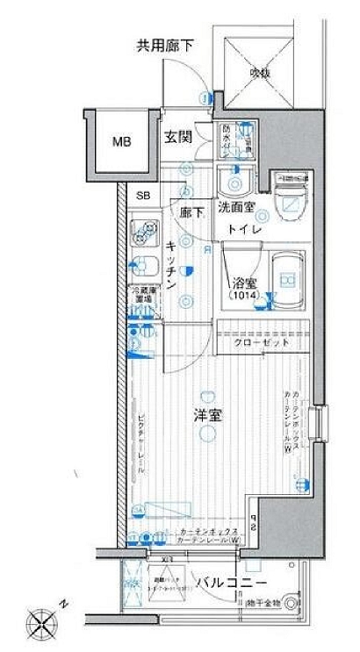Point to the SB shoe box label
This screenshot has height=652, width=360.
(142, 195)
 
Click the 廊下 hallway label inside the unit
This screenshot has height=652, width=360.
(191, 212)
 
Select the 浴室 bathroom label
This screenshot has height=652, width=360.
(244, 283)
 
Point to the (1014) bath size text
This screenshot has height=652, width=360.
(245, 298)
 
